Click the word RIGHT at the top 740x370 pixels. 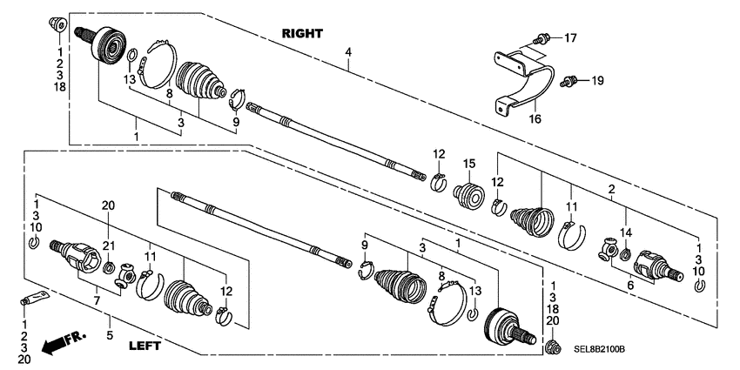(302, 33)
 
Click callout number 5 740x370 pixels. (111, 334)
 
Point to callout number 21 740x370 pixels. (109, 246)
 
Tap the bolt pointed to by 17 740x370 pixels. (542, 37)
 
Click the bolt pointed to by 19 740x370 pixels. (570, 81)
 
